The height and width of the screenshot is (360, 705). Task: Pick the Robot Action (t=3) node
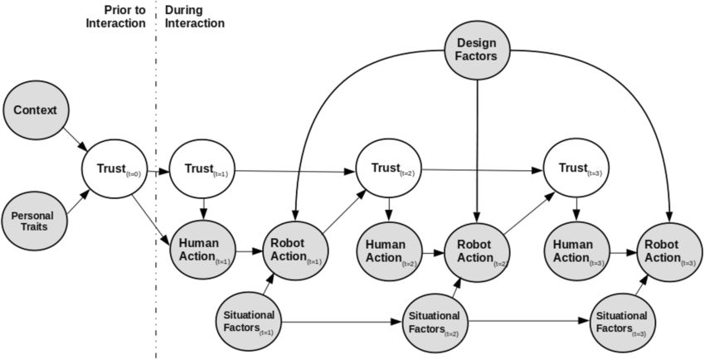pos(667,250)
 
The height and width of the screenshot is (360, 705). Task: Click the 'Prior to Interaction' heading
pos(119,17)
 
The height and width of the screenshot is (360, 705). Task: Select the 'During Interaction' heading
pos(196,17)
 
